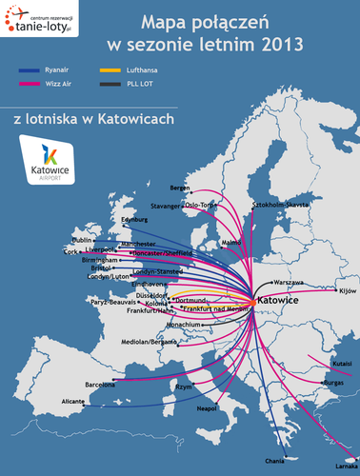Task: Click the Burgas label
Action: tap(334, 382)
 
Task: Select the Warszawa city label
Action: tap(288, 283)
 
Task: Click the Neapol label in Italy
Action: tap(208, 407)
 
